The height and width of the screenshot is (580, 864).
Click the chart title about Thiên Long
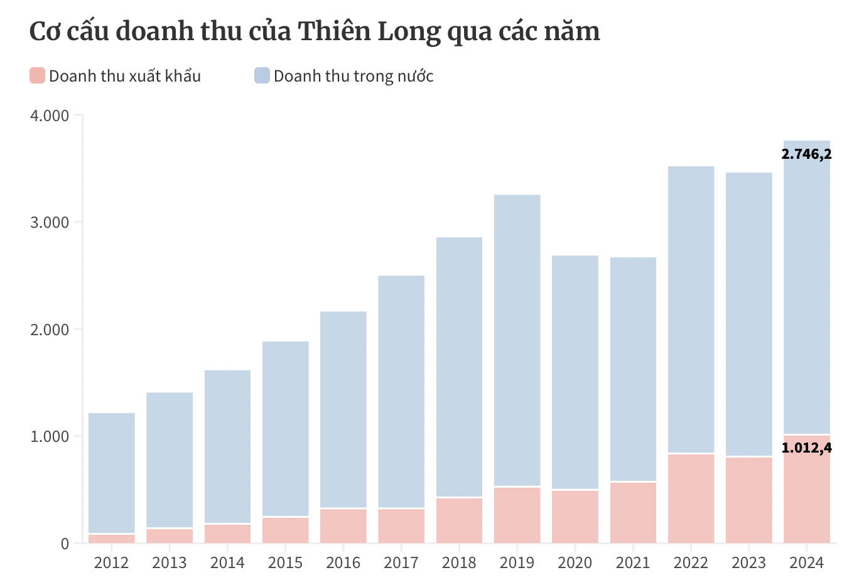[315, 31]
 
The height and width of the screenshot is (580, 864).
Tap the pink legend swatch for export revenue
[38, 76]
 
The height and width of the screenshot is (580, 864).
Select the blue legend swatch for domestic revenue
[262, 76]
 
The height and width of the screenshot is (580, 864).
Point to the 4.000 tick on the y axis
[49, 116]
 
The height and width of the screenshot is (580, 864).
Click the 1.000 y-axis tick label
[49, 437]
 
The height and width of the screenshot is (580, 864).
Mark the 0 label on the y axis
[65, 544]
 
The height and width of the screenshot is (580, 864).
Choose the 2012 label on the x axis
[111, 562]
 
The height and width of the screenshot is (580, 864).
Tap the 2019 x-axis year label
[517, 562]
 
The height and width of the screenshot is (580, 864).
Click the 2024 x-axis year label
[806, 562]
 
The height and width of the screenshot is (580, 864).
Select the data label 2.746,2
[806, 154]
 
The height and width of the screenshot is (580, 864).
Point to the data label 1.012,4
[806, 448]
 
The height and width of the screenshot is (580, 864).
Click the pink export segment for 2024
[806, 496]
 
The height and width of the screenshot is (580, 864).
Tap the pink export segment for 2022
[691, 498]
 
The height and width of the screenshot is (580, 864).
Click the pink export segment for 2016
[343, 526]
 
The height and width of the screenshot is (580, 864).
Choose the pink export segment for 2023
[748, 500]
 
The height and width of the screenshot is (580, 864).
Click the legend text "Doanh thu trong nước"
[354, 77]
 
